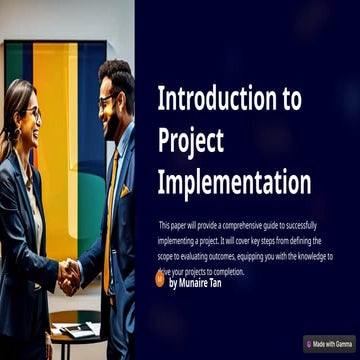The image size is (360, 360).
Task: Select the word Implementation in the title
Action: [x=234, y=183]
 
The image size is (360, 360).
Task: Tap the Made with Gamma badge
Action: [x=329, y=343]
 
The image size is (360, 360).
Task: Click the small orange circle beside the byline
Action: [x=160, y=281]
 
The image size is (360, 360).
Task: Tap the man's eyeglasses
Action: [x=107, y=99]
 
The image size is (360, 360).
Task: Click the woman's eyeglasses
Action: [x=34, y=113]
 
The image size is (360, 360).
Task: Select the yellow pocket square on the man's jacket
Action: [x=125, y=190]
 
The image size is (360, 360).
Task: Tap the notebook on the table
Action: [x=76, y=329]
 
